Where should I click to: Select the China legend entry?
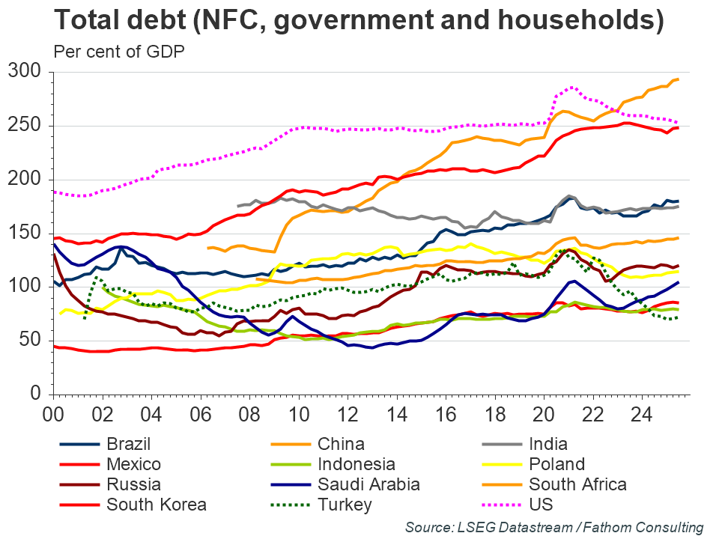[341, 444]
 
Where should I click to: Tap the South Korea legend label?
[157, 505]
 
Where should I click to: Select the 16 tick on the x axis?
[446, 412]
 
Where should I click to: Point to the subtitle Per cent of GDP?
[119, 52]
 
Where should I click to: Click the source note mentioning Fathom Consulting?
[553, 526]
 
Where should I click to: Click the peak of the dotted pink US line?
[572, 87]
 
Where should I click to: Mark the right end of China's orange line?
[677, 79]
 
